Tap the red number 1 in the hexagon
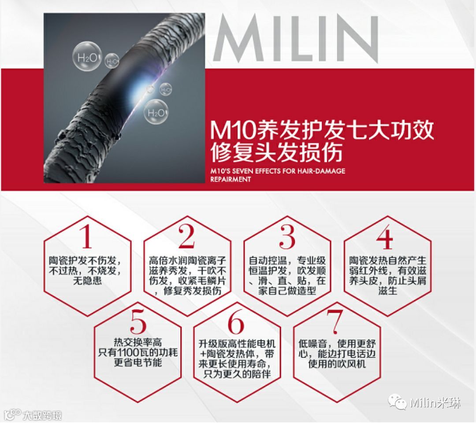[87, 236]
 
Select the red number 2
[186, 236]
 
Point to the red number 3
[287, 236]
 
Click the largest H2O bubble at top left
[87, 58]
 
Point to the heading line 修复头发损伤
[276, 152]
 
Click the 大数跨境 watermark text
[42, 415]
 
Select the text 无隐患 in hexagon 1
[87, 280]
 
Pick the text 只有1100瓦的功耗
[138, 352]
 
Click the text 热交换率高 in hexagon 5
[138, 343]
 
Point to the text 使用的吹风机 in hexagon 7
[337, 363]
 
